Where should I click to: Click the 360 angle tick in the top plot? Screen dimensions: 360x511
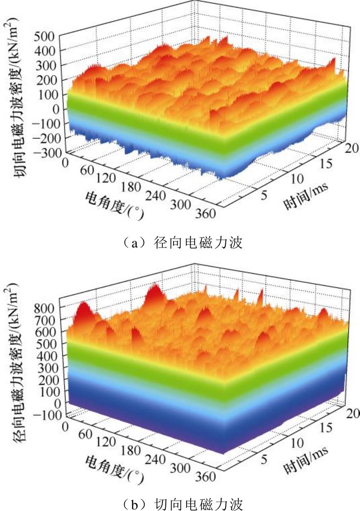point(206,214)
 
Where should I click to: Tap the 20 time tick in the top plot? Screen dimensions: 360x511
point(352,149)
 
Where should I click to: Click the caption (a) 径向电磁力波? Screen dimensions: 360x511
point(182,243)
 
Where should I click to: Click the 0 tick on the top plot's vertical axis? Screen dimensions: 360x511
point(56,110)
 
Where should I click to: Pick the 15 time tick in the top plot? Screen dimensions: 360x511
point(325,164)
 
